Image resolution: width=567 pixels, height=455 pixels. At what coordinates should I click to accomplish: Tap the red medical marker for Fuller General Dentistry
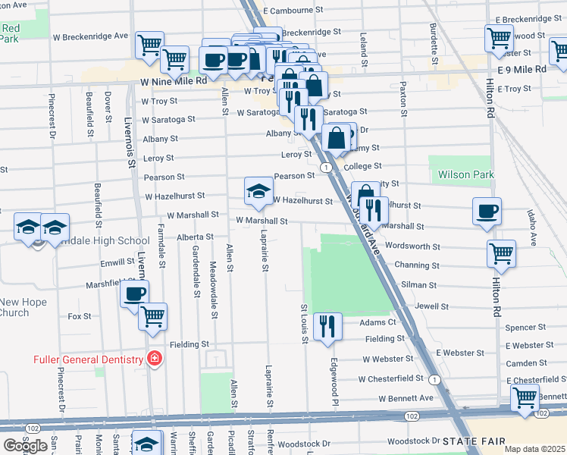pos(155,359)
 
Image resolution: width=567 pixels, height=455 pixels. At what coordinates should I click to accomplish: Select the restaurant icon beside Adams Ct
pos(327,327)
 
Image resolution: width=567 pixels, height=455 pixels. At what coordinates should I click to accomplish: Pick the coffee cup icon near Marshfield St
pos(135,294)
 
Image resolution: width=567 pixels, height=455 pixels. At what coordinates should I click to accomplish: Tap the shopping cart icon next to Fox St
pos(153,317)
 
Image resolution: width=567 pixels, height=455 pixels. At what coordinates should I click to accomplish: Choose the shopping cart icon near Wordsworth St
pos(501,253)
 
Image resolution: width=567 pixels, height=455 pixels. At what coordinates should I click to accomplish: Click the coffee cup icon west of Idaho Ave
pos(487,212)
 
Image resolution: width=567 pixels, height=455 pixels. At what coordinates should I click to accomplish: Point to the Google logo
pos(25,446)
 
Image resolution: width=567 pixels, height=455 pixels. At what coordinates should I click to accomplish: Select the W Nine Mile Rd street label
pos(174,80)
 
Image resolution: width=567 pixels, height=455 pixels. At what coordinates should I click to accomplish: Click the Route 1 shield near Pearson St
pos(324,167)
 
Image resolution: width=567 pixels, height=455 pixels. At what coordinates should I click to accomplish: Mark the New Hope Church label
pos(23,307)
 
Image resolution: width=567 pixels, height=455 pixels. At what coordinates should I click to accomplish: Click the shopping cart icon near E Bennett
pos(525,398)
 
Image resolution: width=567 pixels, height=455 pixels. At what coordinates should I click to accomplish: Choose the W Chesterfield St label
pos(391,378)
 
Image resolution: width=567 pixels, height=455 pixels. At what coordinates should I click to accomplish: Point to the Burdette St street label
pos(434,45)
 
